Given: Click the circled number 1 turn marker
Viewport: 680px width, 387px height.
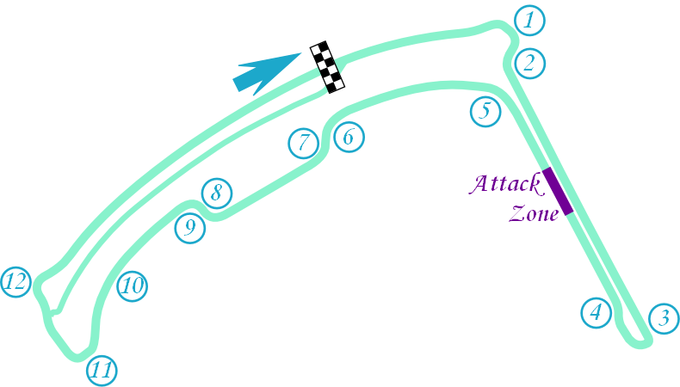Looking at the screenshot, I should [x=529, y=19].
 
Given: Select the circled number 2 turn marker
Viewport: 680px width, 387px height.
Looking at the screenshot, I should [x=530, y=62].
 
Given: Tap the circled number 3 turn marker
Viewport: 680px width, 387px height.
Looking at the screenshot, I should [x=663, y=319].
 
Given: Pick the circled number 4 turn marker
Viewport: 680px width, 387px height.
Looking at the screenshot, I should [x=596, y=312].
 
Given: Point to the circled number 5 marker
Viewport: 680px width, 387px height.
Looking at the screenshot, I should [x=485, y=111].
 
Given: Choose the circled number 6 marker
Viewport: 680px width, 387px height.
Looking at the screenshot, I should [x=349, y=136].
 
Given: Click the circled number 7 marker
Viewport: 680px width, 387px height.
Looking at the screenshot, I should [x=303, y=143].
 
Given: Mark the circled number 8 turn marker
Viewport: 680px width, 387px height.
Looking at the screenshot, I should [x=217, y=193].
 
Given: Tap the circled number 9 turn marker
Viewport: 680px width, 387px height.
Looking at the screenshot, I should [x=190, y=228].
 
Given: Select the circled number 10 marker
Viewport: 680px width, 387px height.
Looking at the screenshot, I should [x=132, y=286].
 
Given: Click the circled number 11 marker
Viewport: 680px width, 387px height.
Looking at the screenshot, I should [x=102, y=371].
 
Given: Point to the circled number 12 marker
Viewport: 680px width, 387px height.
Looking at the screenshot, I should [x=16, y=281].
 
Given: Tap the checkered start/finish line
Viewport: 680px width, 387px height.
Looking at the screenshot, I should [x=328, y=68].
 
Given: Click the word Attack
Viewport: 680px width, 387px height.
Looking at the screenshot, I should [x=504, y=184].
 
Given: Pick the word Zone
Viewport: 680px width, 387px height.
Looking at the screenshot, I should [x=535, y=213].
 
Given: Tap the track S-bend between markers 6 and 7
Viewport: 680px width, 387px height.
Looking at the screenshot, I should [x=326, y=138].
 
